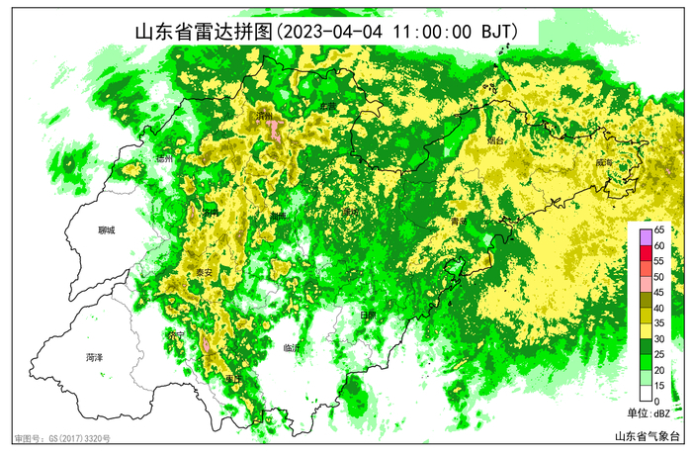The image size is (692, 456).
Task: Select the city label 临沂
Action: [291, 347]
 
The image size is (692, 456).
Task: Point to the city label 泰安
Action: [204, 272]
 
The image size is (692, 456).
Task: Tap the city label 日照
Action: [368, 314]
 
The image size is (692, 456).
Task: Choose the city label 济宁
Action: [177, 335]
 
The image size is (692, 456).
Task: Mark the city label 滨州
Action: [264, 116]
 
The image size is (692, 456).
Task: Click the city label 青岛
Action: [456, 223]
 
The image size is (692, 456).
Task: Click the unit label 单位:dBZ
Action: [649, 412]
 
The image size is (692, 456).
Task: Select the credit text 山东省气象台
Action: [649, 436]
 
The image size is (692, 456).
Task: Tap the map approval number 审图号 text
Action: [61, 437]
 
